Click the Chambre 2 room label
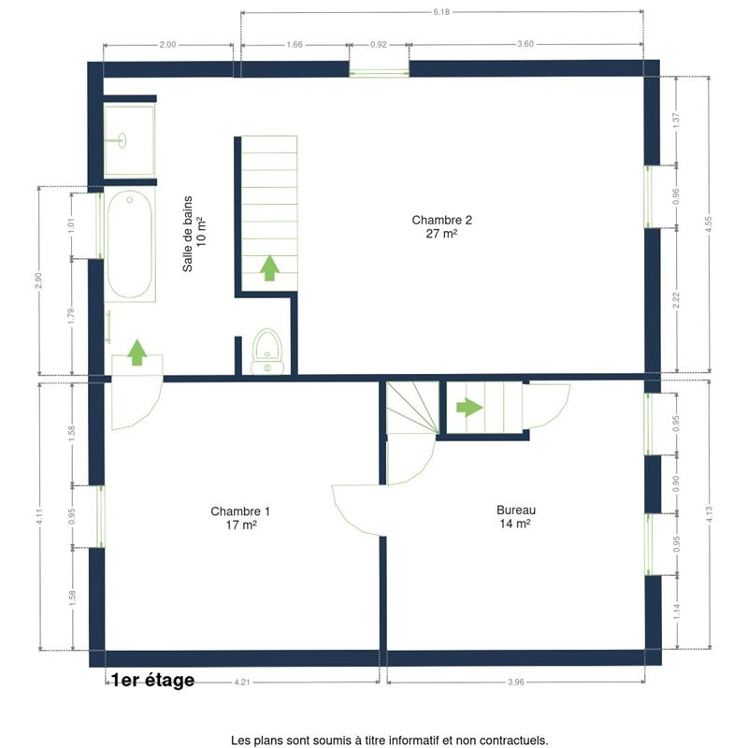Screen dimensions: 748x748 click(441, 226)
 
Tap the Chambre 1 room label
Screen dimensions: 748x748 click(240, 518)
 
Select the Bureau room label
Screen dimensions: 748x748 click(516, 517)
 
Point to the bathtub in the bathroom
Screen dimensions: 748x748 click(130, 244)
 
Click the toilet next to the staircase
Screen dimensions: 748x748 click(267, 352)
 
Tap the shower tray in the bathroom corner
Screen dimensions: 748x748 click(129, 139)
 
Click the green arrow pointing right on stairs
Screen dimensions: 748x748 click(469, 408)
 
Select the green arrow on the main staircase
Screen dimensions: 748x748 click(269, 267)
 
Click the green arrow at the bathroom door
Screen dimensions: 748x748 click(137, 352)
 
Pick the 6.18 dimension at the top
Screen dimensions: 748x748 click(441, 12)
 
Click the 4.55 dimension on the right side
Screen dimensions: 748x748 click(708, 223)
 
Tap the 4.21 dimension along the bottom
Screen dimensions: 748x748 click(242, 683)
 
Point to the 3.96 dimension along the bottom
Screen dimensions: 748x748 click(516, 683)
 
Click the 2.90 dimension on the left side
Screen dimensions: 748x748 click(38, 280)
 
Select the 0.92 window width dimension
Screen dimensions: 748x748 click(379, 44)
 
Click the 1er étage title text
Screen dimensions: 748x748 click(152, 680)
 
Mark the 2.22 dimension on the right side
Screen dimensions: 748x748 click(675, 300)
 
